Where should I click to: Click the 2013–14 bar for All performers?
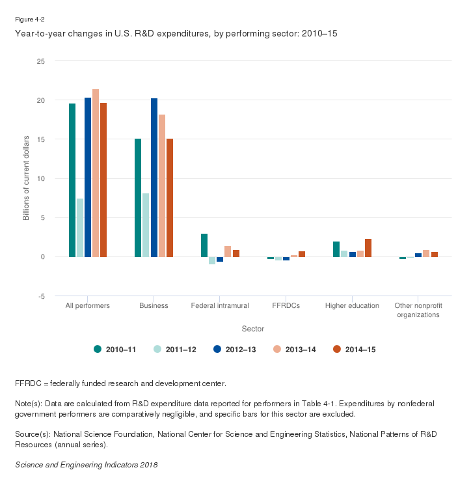point(96,173)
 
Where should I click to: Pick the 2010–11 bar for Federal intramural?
point(204,245)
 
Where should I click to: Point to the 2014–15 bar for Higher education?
point(368,248)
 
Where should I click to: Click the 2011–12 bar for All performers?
point(80,228)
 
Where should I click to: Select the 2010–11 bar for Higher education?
point(336,249)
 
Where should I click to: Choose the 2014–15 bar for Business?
point(170,198)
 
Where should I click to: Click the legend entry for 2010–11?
point(115,350)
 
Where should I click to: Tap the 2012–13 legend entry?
point(235,350)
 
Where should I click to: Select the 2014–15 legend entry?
point(355,350)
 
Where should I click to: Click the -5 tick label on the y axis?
point(41,296)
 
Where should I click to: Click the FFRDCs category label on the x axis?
point(286,305)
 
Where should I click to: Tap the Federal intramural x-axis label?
point(219,305)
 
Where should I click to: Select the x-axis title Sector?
point(252,329)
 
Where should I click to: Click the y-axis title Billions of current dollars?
point(27,178)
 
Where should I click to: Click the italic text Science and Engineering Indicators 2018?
point(86,465)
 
